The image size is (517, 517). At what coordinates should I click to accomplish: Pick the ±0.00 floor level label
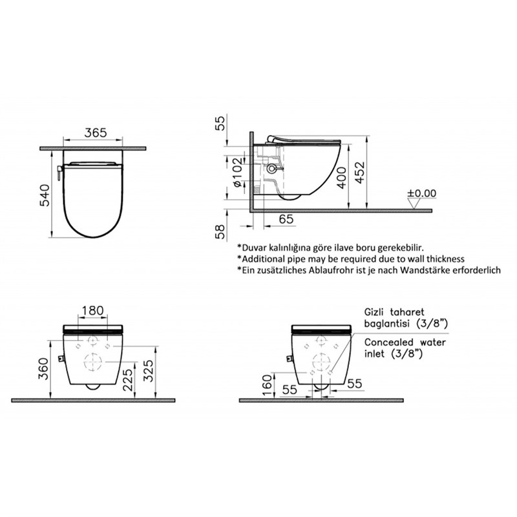[x=422, y=193]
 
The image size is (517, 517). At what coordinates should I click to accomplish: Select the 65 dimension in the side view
[x=287, y=220]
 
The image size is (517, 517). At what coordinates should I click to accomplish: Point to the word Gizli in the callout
[x=376, y=310]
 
